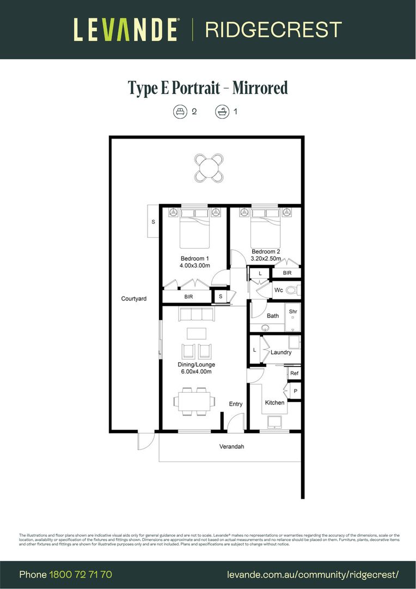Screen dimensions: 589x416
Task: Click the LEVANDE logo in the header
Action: (126, 29)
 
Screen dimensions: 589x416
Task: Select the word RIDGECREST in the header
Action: (273, 29)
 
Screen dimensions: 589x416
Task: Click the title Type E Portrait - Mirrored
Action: (207, 88)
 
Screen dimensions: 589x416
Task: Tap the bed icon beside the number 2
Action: (179, 112)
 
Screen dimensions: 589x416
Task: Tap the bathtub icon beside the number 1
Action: (222, 112)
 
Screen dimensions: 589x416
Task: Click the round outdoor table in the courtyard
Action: (210, 167)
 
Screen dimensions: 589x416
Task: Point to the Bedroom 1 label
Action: (194, 259)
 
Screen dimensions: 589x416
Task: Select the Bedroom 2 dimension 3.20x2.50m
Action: (266, 259)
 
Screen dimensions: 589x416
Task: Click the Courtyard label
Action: (134, 298)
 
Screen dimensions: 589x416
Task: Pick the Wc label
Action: (278, 290)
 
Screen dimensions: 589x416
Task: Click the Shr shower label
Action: (293, 311)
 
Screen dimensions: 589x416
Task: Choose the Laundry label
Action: (281, 352)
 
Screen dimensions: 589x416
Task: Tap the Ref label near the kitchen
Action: (294, 374)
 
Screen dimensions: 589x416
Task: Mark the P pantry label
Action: (296, 391)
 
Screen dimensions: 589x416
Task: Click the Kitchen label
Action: (274, 402)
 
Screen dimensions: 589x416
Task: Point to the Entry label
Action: (235, 404)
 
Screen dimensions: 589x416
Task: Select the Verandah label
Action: (231, 447)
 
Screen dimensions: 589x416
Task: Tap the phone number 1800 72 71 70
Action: (81, 574)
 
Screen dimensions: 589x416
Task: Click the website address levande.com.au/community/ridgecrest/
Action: (313, 574)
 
